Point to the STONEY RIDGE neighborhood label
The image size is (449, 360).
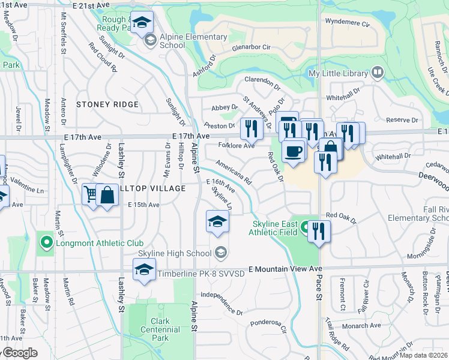[x=107, y=104]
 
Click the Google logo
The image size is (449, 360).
[x=20, y=353]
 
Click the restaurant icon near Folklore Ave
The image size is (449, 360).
[x=251, y=128]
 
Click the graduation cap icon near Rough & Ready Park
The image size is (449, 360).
[x=142, y=23]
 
